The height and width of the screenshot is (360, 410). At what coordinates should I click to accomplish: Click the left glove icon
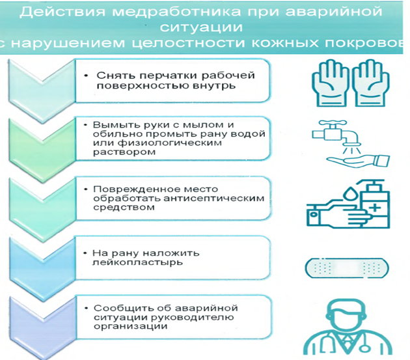coord(331,83)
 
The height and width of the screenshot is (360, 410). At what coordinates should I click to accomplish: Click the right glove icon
coord(370,83)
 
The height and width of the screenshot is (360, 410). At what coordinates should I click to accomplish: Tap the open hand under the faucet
coord(358,160)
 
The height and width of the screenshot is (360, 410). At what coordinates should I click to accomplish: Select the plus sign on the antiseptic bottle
coord(376,208)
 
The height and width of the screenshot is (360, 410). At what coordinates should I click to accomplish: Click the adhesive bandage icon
coord(347,268)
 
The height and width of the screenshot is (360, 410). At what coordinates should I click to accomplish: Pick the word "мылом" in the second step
coord(203,125)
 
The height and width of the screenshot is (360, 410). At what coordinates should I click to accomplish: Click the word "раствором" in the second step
coord(124,152)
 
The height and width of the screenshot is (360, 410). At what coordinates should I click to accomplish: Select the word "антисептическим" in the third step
coord(214,198)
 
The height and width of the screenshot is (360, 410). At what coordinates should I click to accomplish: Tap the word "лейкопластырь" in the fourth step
coord(137,262)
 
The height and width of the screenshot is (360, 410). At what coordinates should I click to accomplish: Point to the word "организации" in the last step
coord(130,326)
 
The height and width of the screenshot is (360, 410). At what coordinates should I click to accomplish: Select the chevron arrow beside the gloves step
coord(42,91)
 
